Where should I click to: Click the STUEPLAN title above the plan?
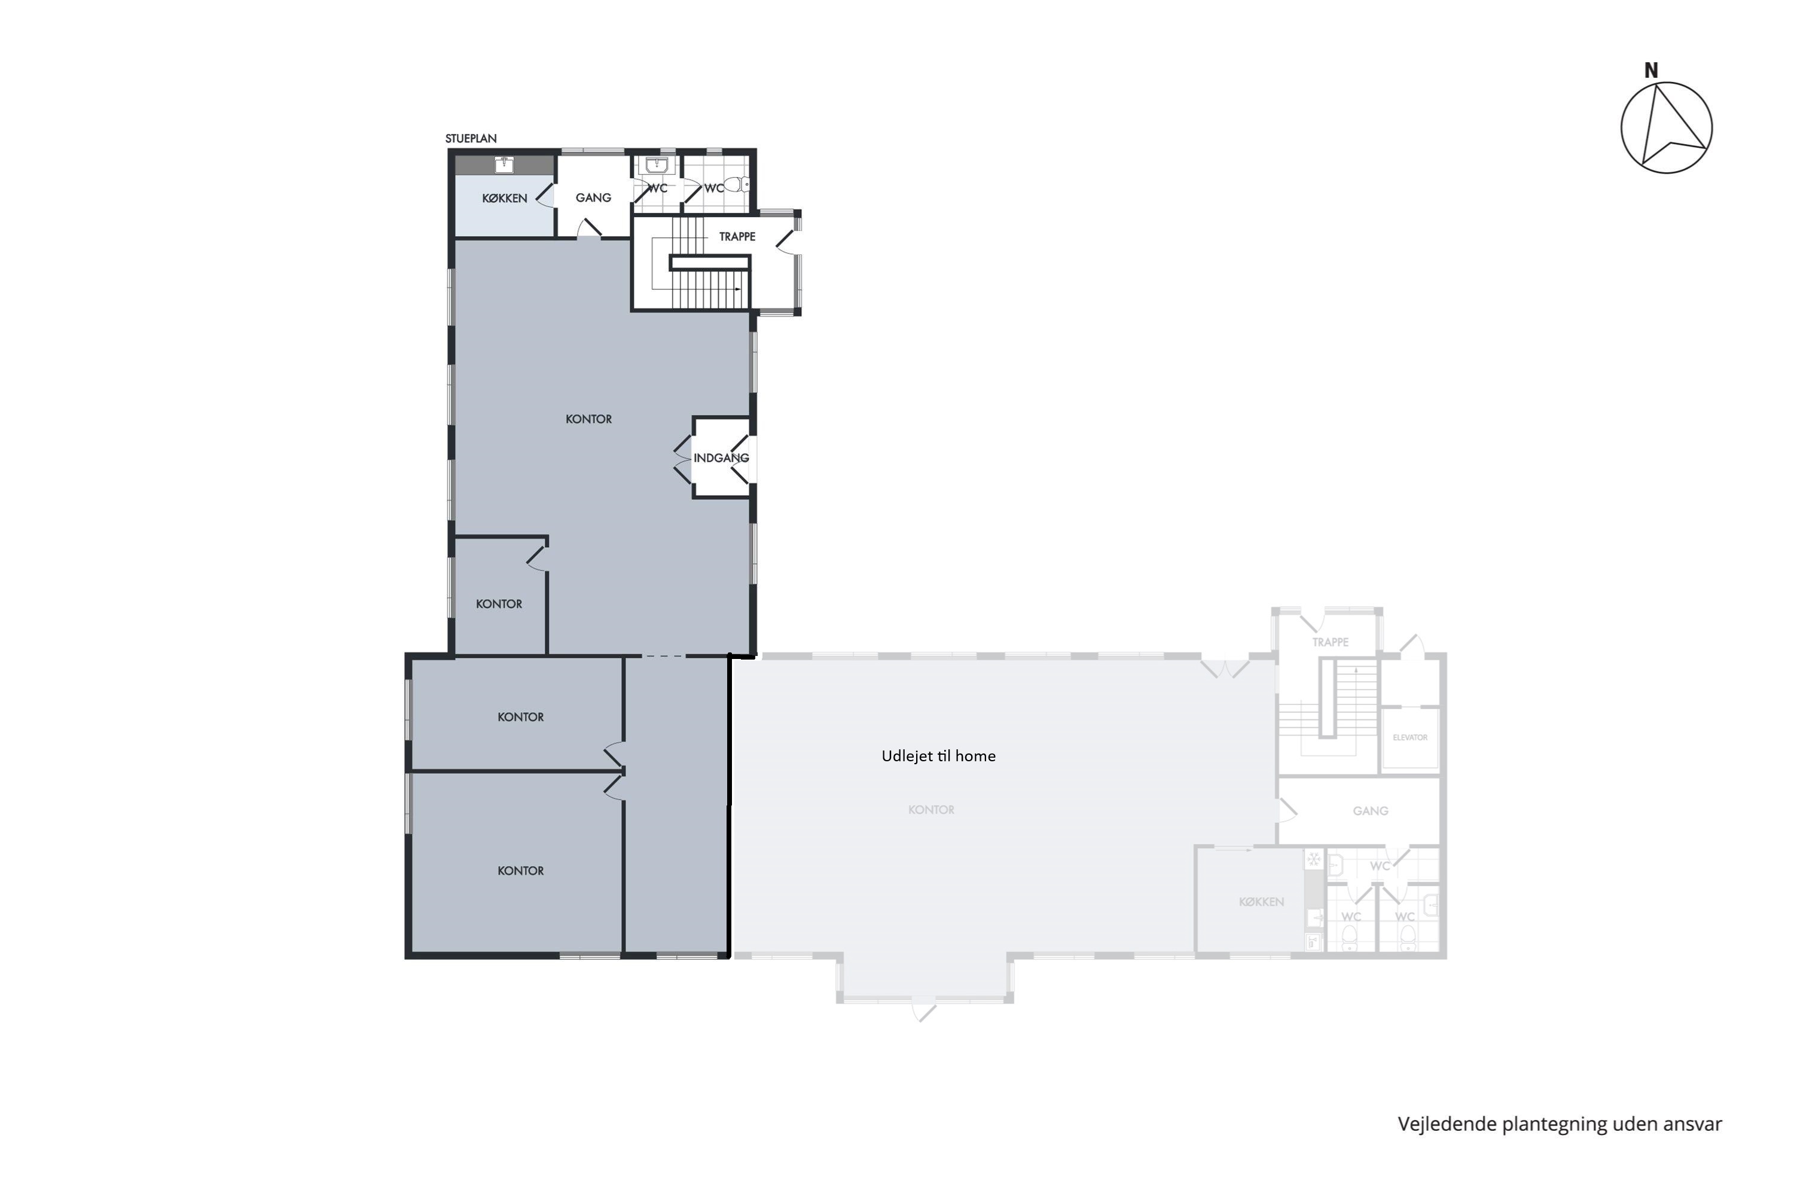tap(471, 139)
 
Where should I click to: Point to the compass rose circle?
tap(1667, 127)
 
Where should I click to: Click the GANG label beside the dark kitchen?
tap(593, 197)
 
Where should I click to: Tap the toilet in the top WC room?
tap(737, 184)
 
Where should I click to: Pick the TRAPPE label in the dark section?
tap(737, 236)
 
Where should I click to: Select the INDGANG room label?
tap(721, 457)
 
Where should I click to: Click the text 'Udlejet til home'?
tap(938, 756)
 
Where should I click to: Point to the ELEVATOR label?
tap(1409, 737)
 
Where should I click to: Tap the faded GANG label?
tap(1371, 811)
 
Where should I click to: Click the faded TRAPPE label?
tap(1330, 642)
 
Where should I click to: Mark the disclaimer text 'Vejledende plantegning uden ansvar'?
tap(1560, 1124)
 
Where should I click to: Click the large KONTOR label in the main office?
tap(589, 419)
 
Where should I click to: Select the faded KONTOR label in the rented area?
tap(931, 809)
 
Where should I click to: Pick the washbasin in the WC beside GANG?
tap(656, 165)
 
